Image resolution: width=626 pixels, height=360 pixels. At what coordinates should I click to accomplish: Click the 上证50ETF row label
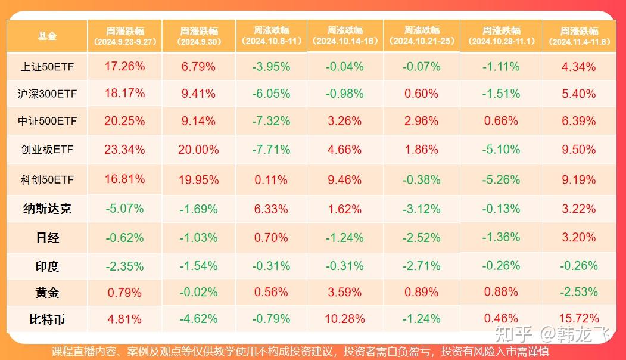47,67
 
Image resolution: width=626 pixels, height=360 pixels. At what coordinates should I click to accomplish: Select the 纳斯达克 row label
47,209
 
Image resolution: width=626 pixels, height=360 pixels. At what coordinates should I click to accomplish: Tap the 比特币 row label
47,319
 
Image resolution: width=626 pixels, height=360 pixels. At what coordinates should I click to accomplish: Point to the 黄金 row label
47,293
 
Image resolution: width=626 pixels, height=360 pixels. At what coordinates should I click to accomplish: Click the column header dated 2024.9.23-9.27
124,36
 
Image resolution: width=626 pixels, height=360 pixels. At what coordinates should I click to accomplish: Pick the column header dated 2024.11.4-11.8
579,36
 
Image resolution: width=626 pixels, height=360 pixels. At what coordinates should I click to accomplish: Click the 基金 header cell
47,36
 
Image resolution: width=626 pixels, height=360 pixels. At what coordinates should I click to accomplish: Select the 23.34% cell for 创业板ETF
124,150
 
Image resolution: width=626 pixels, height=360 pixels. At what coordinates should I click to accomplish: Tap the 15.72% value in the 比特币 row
579,319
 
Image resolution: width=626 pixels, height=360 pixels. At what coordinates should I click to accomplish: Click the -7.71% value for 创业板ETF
271,150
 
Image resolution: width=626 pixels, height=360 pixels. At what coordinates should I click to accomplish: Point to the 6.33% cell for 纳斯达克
271,209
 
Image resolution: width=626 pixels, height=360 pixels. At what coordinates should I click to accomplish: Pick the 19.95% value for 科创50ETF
198,179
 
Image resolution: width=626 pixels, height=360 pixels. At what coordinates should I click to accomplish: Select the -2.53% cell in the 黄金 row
579,292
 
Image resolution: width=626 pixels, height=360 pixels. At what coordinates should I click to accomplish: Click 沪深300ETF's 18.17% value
124,94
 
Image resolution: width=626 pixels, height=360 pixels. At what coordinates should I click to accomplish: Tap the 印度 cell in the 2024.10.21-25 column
421,266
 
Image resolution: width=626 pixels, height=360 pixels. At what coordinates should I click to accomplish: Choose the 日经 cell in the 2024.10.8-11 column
271,237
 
